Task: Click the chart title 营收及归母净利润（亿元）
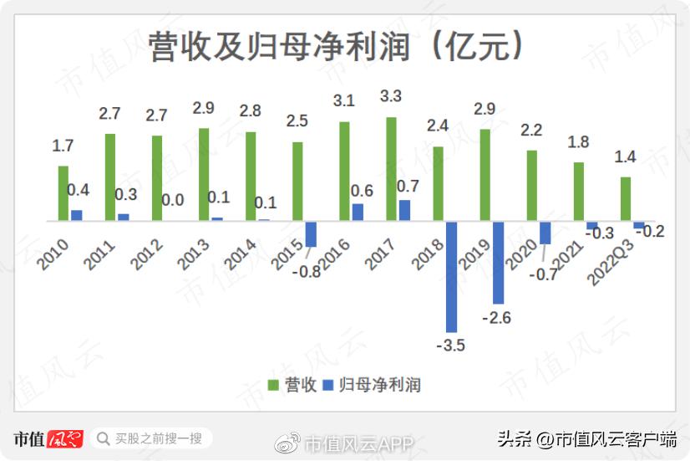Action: click(x=337, y=47)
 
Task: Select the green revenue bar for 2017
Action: click(x=391, y=169)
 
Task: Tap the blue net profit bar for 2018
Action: click(x=451, y=276)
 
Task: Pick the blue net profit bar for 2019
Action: click(x=498, y=262)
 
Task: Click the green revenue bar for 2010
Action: click(x=63, y=193)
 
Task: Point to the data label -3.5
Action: click(x=450, y=345)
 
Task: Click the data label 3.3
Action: click(x=390, y=96)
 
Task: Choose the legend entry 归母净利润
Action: click(x=371, y=385)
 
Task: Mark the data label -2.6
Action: click(x=497, y=317)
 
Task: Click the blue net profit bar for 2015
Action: click(x=311, y=234)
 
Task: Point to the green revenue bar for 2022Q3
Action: click(x=625, y=199)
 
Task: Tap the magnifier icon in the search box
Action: click(x=104, y=438)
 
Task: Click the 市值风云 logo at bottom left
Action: click(x=48, y=438)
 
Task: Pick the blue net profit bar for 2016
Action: click(x=358, y=213)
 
